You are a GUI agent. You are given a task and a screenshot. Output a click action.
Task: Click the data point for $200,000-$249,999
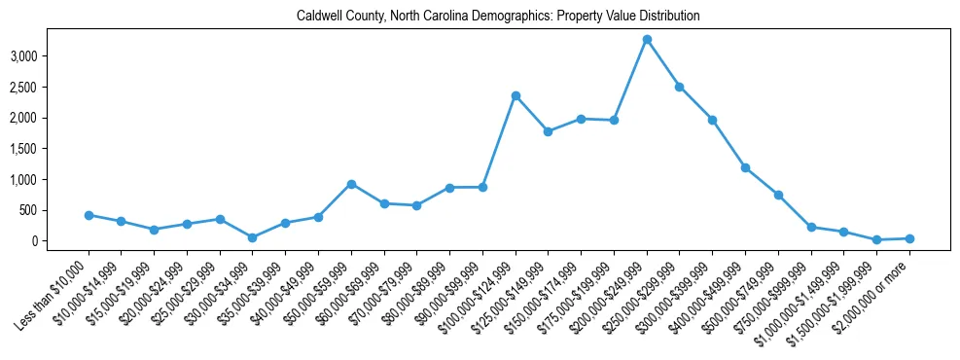[647, 39]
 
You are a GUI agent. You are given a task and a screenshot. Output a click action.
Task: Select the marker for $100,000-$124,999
[516, 95]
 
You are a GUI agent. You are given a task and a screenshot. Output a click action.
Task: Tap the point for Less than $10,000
[89, 215]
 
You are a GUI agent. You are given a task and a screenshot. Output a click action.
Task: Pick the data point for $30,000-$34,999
[253, 237]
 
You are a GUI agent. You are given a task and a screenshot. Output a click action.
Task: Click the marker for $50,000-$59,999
[351, 184]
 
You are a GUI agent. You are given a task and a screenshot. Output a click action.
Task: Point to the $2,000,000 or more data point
[909, 238]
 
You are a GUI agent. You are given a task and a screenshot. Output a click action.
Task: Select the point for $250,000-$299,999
[680, 87]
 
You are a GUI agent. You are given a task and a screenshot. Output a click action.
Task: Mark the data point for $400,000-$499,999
[745, 167]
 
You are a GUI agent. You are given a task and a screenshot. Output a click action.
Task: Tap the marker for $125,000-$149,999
[549, 131]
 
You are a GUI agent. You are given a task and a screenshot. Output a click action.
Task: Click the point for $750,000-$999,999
[811, 227]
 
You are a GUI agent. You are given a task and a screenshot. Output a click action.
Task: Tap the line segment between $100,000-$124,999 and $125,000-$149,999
[532, 114]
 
